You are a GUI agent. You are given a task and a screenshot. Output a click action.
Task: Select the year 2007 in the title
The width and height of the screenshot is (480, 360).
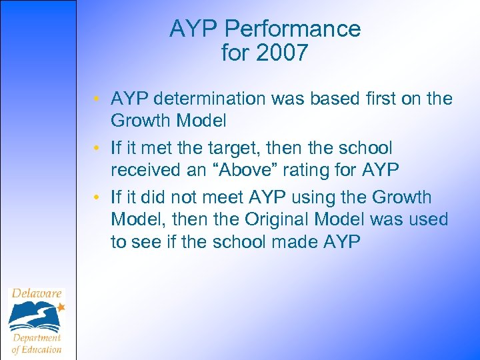click(x=283, y=53)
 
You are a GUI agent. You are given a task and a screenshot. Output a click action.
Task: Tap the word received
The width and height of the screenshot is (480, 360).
click(x=147, y=170)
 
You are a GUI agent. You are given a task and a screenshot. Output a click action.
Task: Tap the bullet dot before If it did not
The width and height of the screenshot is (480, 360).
click(x=97, y=198)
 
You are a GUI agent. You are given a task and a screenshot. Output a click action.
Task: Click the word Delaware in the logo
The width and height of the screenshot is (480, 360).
click(x=37, y=294)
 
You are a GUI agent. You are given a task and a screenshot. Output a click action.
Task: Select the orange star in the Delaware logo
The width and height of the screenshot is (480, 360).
click(x=61, y=307)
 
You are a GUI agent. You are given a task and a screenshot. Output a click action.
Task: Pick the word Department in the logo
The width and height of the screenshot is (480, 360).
click(x=37, y=337)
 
